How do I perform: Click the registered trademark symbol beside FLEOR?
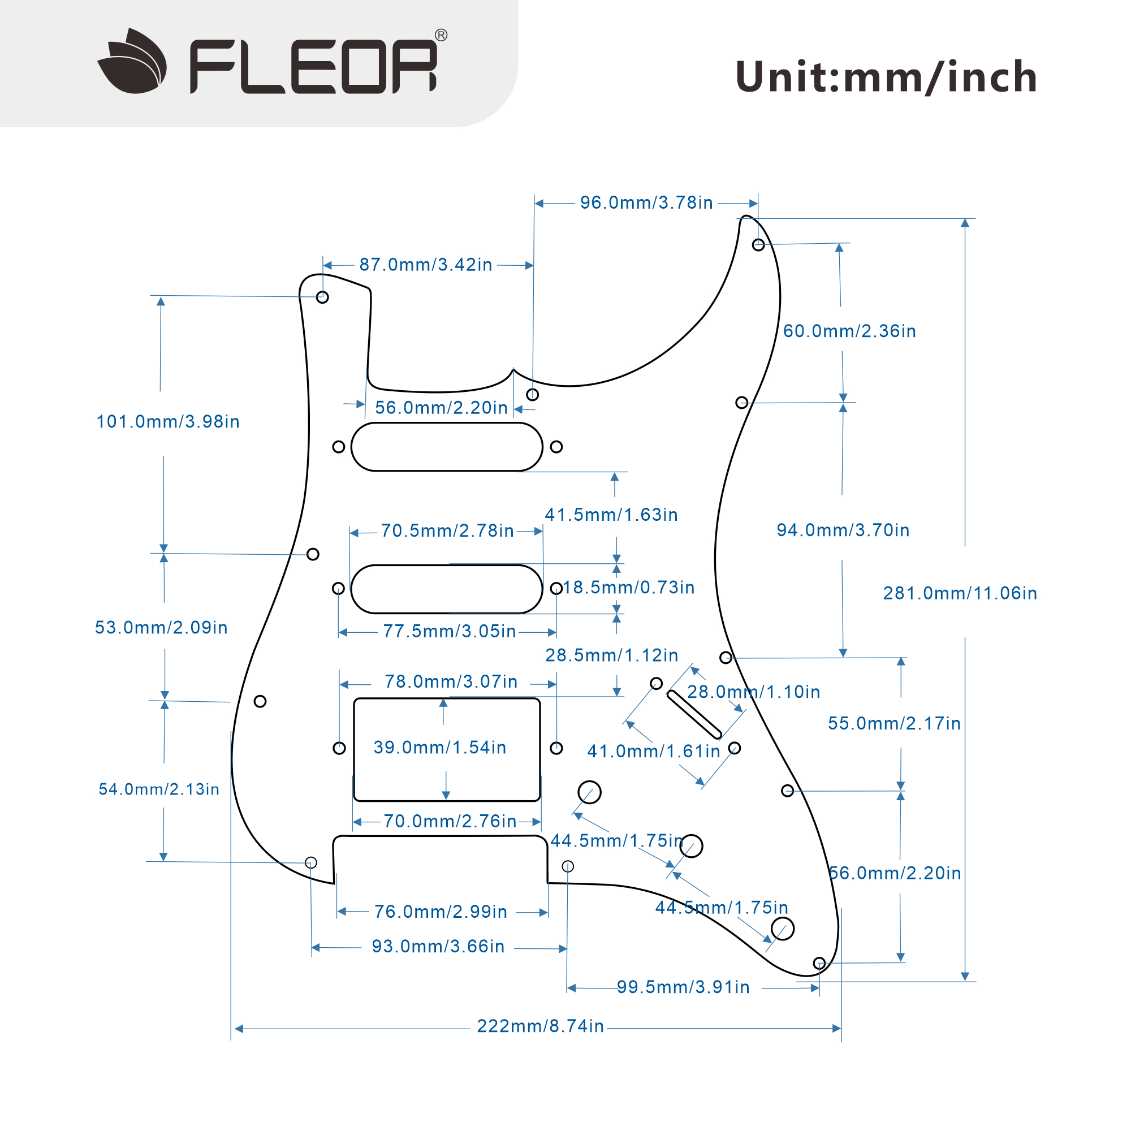pyautogui.click(x=442, y=35)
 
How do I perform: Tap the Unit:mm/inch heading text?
pyautogui.click(x=886, y=77)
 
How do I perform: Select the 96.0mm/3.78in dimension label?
pyautogui.click(x=646, y=203)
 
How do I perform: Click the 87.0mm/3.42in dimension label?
pyautogui.click(x=426, y=265)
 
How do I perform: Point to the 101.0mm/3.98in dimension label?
pyautogui.click(x=168, y=422)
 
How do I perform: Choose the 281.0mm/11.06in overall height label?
pyautogui.click(x=960, y=594)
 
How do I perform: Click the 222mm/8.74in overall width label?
pyautogui.click(x=540, y=1026)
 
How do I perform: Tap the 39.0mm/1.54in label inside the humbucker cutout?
pyautogui.click(x=440, y=748)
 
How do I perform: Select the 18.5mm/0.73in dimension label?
pyautogui.click(x=629, y=588)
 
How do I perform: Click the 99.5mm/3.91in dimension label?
pyautogui.click(x=683, y=987)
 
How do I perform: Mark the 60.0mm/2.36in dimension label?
pyautogui.click(x=849, y=331)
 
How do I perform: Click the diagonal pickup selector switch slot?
pyautogui.click(x=694, y=715)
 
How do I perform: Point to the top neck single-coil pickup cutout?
pyautogui.click(x=447, y=447)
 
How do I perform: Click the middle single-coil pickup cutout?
pyautogui.click(x=447, y=589)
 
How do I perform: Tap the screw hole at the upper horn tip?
pyautogui.click(x=758, y=245)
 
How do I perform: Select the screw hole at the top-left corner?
pyautogui.click(x=322, y=297)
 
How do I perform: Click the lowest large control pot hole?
pyautogui.click(x=783, y=929)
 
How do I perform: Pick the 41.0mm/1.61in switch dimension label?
pyautogui.click(x=654, y=752)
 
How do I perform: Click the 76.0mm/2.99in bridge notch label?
pyautogui.click(x=441, y=912)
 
